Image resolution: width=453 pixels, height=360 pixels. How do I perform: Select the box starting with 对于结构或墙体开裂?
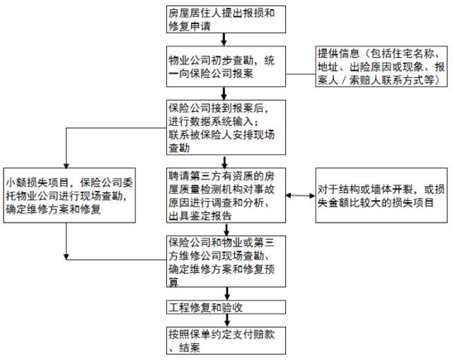tap(381, 193)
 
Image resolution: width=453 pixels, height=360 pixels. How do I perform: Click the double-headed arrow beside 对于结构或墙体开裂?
tap(301, 194)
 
